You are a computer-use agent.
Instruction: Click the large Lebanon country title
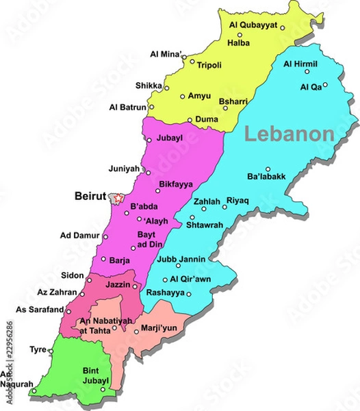pyautogui.click(x=290, y=134)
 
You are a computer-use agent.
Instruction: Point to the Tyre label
pyautogui.click(x=38, y=349)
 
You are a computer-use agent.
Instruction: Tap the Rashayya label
pyautogui.click(x=165, y=292)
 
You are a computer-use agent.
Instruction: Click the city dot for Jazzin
pyautogui.click(x=136, y=286)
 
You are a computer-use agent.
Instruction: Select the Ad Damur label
pyautogui.click(x=76, y=236)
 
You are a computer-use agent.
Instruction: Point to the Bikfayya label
pyautogui.click(x=175, y=184)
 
